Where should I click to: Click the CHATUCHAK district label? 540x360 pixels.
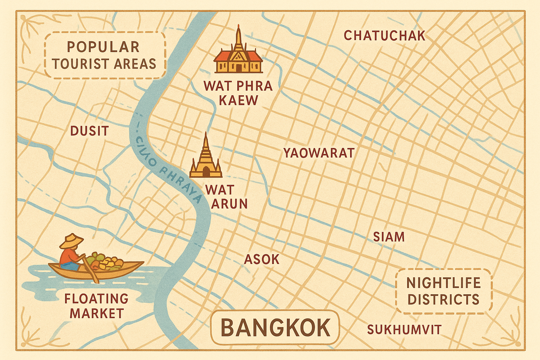pos(384,36)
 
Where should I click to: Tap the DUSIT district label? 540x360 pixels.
pos(89,131)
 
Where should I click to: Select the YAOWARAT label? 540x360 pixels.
pos(319,153)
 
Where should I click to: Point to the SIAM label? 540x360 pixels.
pos(388,237)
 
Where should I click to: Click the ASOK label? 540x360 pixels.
pos(262,259)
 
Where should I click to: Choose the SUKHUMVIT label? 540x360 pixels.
pos(404,330)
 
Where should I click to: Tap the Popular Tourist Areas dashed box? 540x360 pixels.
pos(105,56)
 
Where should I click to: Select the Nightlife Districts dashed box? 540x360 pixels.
pos(443,291)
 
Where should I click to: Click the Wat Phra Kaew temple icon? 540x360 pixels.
pos(238,56)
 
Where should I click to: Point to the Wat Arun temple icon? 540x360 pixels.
pos(206,160)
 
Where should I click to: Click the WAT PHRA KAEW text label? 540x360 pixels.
pos(238,93)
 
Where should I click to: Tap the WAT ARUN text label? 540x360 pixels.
pos(225,197)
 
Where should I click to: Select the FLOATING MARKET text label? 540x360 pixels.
pos(96,306)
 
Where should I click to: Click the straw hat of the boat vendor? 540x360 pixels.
pos(72,241)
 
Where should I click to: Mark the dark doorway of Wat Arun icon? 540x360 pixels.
pos(206,172)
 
